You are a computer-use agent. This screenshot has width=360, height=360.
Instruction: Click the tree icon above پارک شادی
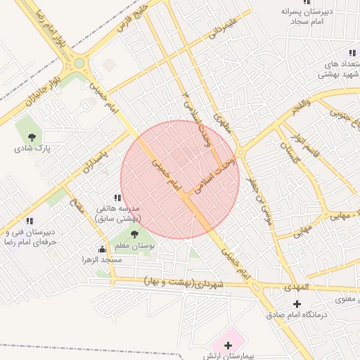[x=31, y=137]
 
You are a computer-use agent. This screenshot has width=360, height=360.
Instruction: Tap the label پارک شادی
[x=31, y=148]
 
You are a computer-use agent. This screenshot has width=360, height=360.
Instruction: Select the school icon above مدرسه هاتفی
[x=117, y=198]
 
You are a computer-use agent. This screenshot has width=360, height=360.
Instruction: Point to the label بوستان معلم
[x=134, y=245]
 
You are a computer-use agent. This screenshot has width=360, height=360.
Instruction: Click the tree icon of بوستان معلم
[x=134, y=234]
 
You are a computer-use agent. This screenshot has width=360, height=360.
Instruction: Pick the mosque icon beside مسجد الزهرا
[x=103, y=248]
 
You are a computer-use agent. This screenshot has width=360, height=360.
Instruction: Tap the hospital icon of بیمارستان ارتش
[x=228, y=345]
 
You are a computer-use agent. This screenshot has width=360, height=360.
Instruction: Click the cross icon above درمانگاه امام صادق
[x=297, y=304]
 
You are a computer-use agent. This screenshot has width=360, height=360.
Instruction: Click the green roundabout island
[x=79, y=63]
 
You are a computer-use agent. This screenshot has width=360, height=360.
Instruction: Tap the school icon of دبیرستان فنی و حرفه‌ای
[x=29, y=221]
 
